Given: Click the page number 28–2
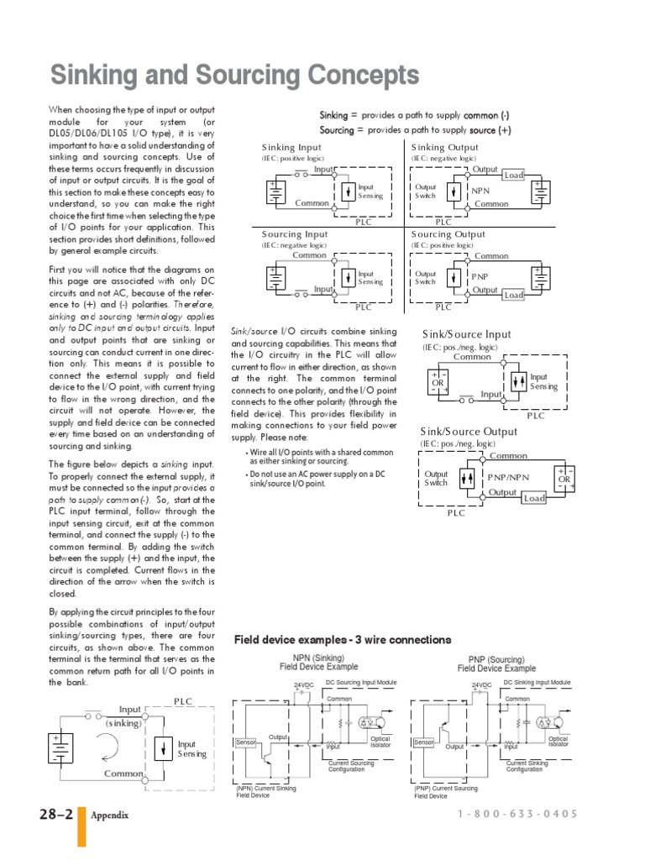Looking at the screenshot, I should (55, 815).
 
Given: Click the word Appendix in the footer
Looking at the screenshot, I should (109, 815).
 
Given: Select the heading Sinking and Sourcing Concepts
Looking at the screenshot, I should (235, 76).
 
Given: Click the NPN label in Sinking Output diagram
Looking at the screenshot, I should (480, 191).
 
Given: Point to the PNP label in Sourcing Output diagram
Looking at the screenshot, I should (480, 276).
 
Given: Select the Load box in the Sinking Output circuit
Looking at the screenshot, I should (513, 176).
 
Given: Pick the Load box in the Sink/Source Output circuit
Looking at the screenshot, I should (534, 498).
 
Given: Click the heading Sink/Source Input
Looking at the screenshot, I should (466, 335).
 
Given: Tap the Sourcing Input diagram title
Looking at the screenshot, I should (295, 234).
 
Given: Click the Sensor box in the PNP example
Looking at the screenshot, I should (423, 742).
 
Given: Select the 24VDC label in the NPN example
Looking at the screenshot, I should (303, 686).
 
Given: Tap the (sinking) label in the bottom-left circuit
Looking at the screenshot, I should (124, 722).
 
